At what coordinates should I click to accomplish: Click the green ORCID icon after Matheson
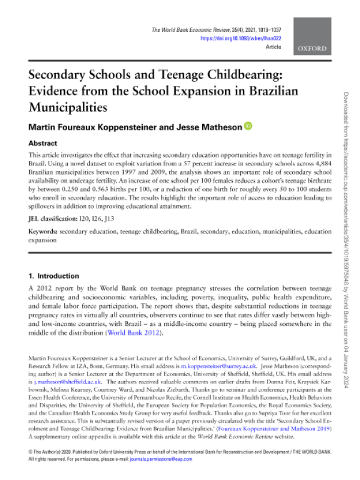coord(247,127)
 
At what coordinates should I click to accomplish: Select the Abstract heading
coord(44,144)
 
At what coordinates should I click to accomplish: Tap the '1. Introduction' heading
coord(54,276)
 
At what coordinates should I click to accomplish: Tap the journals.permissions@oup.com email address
coord(167,459)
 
